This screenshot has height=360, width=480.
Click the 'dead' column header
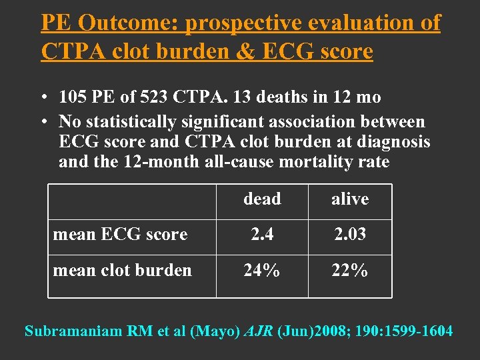pyautogui.click(x=262, y=199)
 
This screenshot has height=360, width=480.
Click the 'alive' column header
pyautogui.click(x=350, y=199)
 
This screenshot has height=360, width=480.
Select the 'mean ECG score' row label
pyautogui.click(x=120, y=235)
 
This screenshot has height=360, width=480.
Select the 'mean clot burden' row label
pyautogui.click(x=122, y=270)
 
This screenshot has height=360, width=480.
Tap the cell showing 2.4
pyautogui.click(x=262, y=235)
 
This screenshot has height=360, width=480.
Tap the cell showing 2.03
pyautogui.click(x=350, y=235)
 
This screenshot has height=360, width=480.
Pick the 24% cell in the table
pyautogui.click(x=262, y=270)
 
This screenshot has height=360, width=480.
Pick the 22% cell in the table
pyautogui.click(x=350, y=270)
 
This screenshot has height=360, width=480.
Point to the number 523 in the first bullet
pyautogui.click(x=154, y=97)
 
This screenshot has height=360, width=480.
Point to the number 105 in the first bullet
pyautogui.click(x=73, y=97)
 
